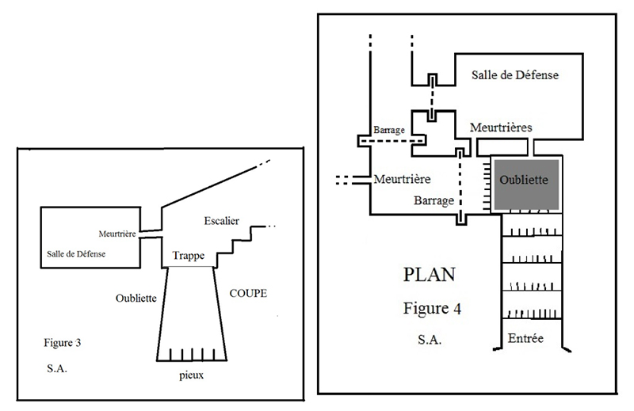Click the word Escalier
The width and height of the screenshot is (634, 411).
221,219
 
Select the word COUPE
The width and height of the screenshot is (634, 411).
248,293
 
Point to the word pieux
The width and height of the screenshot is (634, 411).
191,375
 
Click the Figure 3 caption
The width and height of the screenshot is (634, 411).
62,344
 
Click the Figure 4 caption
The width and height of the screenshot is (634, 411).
431,307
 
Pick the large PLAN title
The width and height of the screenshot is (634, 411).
430,276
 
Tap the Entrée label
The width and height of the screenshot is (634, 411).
525,338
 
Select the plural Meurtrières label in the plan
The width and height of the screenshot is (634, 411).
500,127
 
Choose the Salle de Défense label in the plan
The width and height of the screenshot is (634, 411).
515,76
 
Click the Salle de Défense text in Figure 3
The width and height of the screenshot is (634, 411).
76,253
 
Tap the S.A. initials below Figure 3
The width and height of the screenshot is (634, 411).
57,369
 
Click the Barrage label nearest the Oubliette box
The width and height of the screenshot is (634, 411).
433,200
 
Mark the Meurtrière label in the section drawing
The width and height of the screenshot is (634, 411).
119,234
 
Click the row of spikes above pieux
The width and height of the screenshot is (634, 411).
190,352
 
